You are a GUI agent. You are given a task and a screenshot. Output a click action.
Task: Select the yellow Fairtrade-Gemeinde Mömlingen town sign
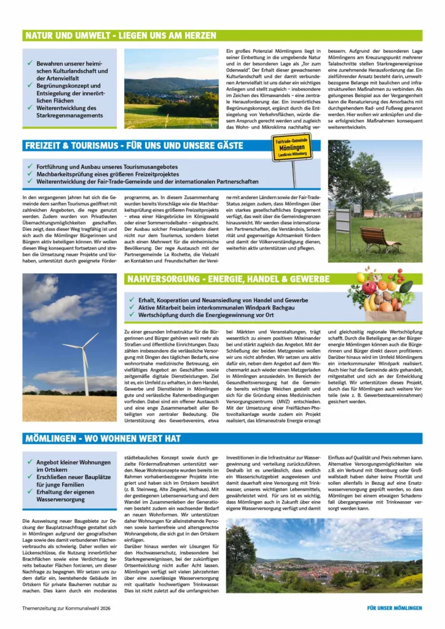pos(292,148)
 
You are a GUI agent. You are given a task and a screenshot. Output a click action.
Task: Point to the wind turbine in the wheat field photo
pos(84,363)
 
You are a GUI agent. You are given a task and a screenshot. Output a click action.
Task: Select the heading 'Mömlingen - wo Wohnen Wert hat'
pos(103,439)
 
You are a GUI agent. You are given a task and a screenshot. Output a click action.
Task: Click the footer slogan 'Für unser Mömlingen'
pos(394,608)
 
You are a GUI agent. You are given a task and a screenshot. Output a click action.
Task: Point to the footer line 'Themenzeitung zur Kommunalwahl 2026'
pos(63,608)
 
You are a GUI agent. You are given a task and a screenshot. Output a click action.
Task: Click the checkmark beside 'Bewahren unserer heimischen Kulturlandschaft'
pos(30,63)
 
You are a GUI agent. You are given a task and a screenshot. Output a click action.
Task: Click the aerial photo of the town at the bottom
pos(324,563)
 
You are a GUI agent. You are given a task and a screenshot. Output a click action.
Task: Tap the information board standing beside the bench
pos(342,222)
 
